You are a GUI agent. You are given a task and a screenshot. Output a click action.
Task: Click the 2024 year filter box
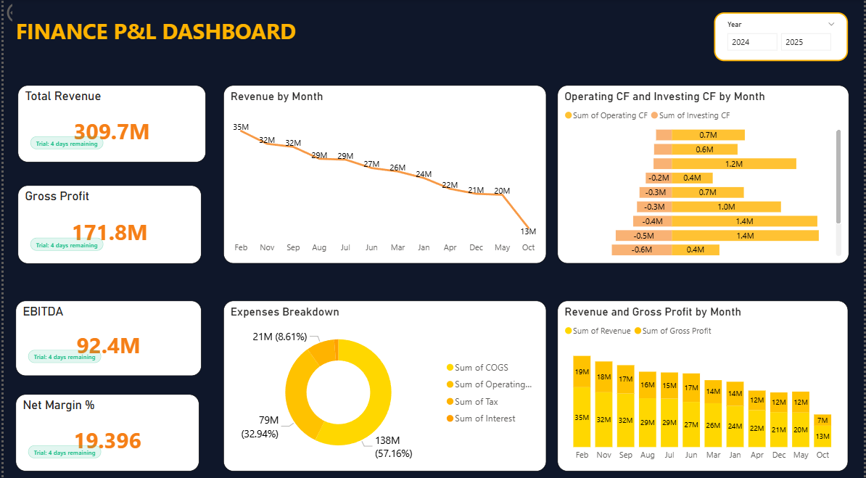point(752,42)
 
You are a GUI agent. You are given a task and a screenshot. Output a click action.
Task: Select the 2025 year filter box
point(806,42)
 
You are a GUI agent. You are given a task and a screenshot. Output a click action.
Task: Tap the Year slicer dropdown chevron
point(831,24)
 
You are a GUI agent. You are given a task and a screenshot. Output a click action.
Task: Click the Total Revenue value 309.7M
point(112,131)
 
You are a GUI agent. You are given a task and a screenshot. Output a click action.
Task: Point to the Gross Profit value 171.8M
point(110,232)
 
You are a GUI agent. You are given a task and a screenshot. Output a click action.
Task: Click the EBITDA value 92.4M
point(108,345)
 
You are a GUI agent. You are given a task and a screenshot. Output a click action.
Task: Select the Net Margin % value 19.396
point(107,440)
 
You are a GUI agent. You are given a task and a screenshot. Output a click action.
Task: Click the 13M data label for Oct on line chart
point(528,231)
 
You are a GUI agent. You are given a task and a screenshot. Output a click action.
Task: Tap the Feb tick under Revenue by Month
point(241,247)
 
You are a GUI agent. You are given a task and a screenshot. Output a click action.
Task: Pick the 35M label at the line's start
point(241,127)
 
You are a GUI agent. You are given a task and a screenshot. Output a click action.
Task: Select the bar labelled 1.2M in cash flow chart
point(733,164)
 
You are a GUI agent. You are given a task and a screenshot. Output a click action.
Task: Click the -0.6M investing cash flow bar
point(641,250)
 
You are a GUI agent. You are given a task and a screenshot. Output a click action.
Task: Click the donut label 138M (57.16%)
point(393,447)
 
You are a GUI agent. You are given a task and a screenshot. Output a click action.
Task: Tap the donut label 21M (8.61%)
point(279,337)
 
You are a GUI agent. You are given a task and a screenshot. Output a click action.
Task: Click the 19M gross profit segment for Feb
point(582,371)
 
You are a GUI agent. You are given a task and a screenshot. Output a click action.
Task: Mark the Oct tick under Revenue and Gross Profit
point(822,455)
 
